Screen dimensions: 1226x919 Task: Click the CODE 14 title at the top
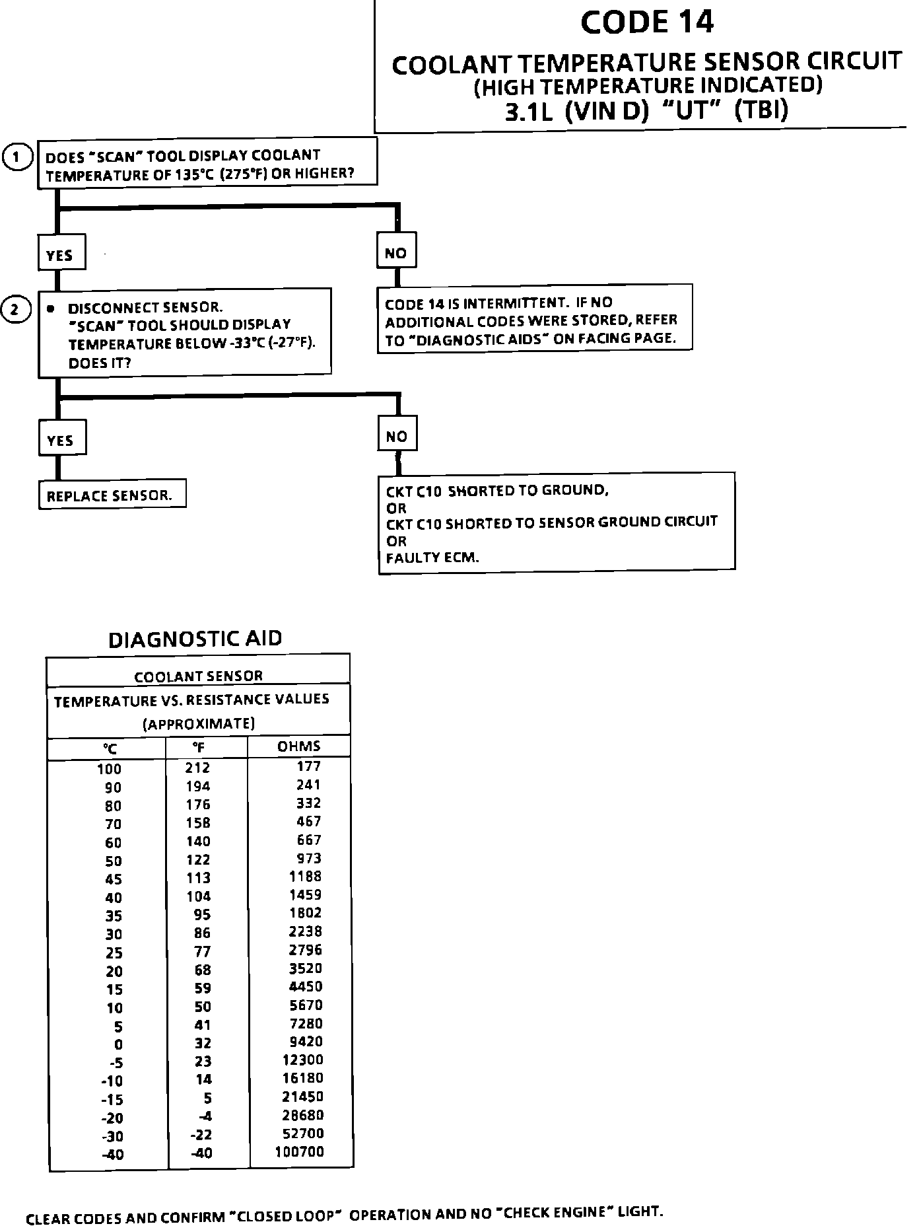(x=647, y=22)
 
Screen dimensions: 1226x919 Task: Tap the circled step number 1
(x=18, y=157)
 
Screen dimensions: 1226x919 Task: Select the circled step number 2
(x=18, y=309)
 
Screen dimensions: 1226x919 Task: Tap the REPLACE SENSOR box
(x=110, y=494)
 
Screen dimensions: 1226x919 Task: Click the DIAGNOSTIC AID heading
(x=195, y=639)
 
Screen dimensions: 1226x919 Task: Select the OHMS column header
(x=299, y=746)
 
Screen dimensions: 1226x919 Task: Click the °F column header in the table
(x=198, y=747)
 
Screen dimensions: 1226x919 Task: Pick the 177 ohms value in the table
(x=308, y=766)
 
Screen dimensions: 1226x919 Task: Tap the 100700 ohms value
(x=299, y=1152)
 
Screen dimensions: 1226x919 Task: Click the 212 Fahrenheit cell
(x=197, y=768)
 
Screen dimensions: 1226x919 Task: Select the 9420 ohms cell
(x=306, y=1042)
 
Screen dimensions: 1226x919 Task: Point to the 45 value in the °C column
(x=113, y=879)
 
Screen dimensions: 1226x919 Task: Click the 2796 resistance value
(x=306, y=950)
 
